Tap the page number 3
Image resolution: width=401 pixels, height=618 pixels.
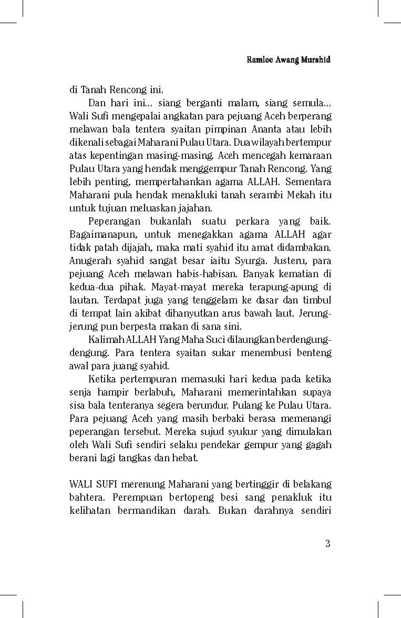327,544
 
